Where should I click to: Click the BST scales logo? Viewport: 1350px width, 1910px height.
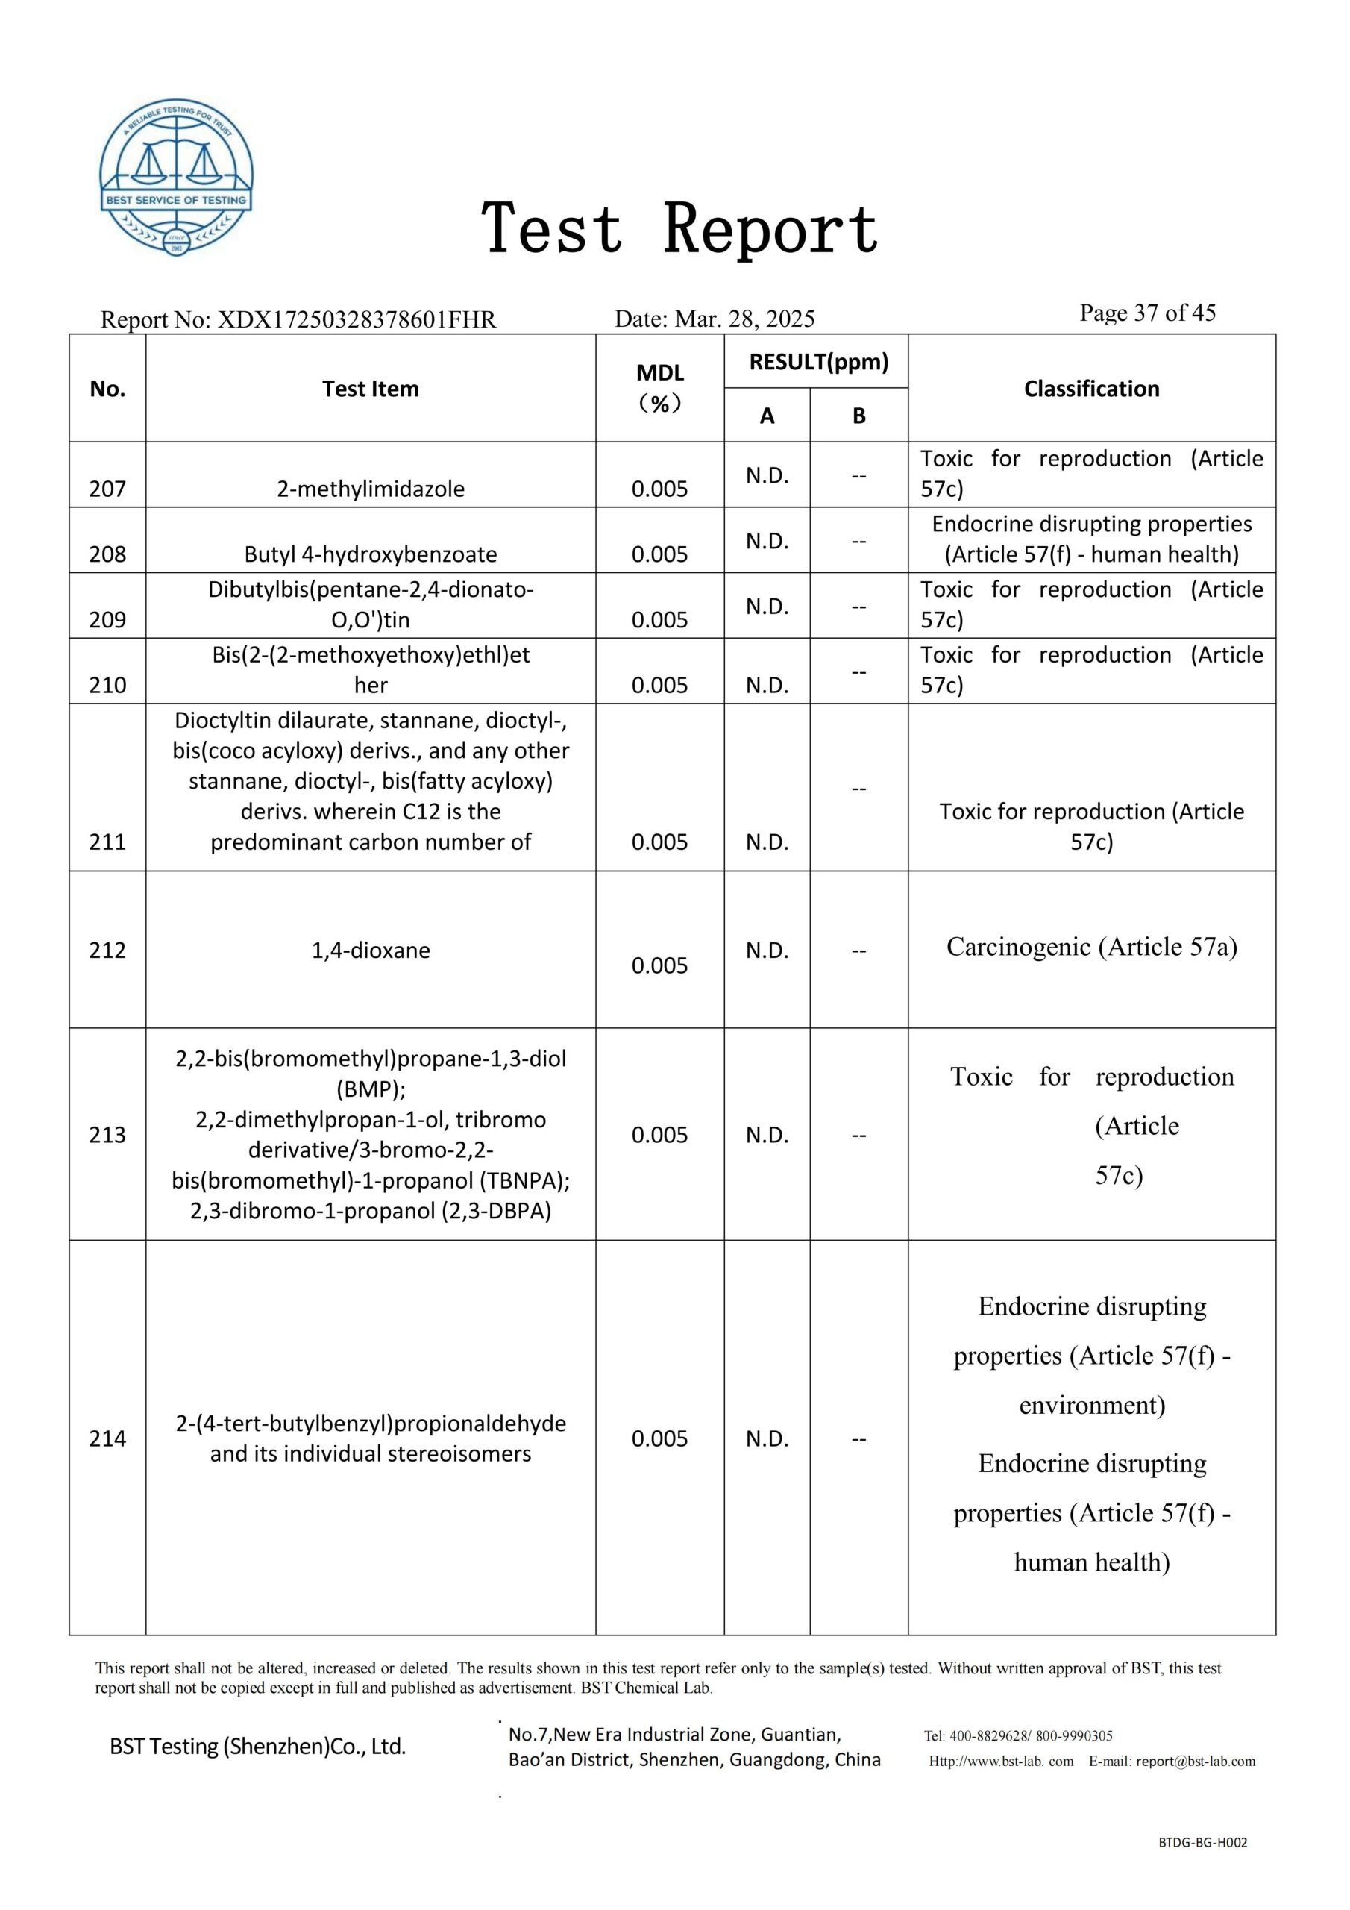(x=176, y=177)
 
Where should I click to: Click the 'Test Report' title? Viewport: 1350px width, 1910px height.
(x=679, y=229)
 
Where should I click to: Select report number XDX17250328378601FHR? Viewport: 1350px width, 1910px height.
(x=356, y=319)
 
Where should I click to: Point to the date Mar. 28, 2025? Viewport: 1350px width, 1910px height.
(x=744, y=319)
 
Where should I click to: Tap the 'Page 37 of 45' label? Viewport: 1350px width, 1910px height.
(x=1147, y=313)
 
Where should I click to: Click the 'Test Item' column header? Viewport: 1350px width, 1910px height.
(x=370, y=389)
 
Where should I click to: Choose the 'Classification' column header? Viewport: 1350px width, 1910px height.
(x=1091, y=389)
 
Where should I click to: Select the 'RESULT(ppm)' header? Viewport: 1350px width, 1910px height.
(x=818, y=362)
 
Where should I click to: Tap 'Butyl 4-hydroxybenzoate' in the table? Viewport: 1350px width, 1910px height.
(x=370, y=554)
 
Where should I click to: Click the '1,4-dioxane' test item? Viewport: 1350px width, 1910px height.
(x=370, y=950)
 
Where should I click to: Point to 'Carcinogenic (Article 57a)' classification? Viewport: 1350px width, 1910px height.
(x=1091, y=947)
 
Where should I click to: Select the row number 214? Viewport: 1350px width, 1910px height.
(x=107, y=1438)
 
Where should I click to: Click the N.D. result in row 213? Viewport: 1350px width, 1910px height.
(x=767, y=1135)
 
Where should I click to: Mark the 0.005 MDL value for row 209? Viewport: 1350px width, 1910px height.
(x=659, y=620)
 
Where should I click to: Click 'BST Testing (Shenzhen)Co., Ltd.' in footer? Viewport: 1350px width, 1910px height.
(x=258, y=1746)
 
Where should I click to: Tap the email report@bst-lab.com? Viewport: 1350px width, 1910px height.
(x=1196, y=1761)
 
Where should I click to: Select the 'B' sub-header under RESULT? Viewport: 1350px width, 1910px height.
(x=858, y=415)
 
